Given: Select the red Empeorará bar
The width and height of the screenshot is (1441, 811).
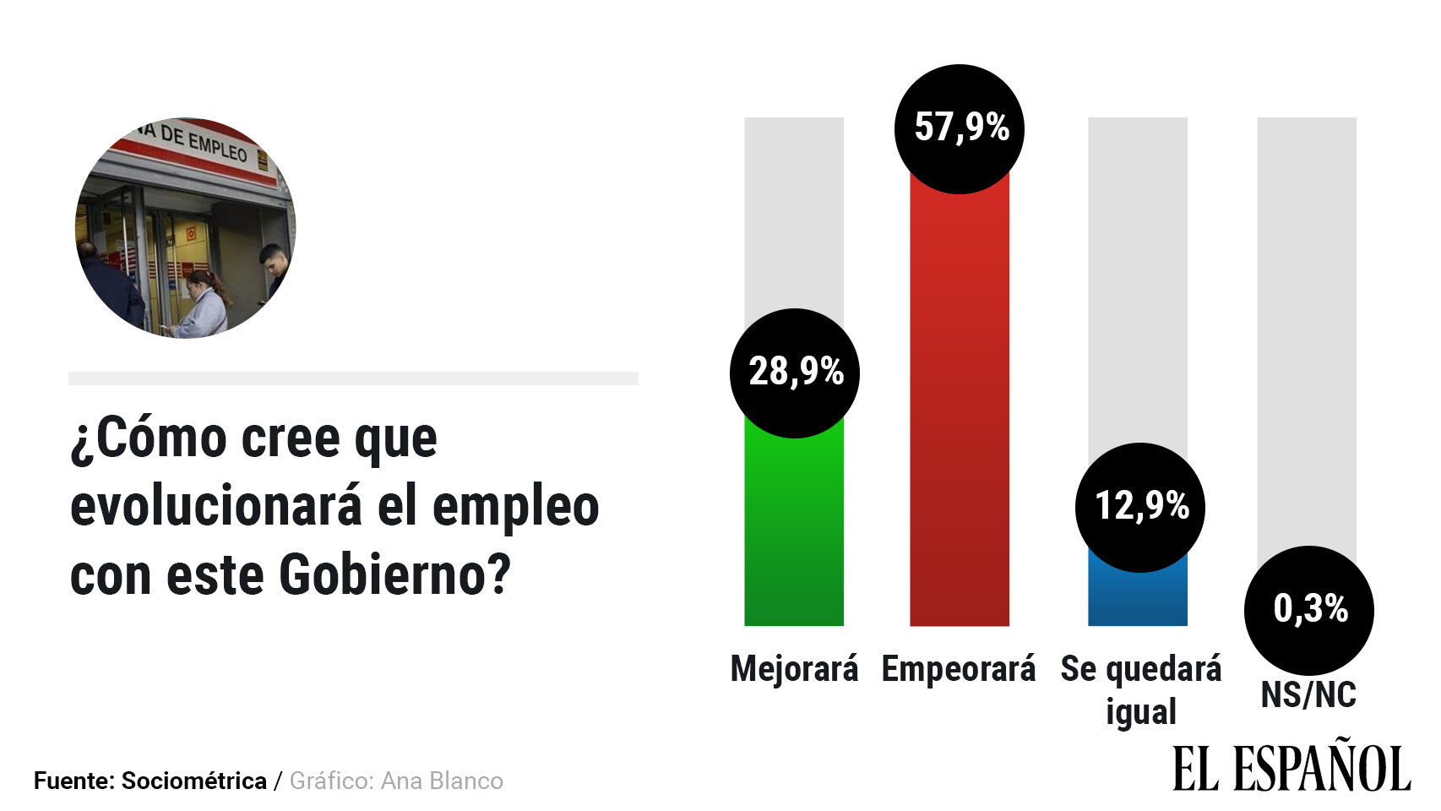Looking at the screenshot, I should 960,405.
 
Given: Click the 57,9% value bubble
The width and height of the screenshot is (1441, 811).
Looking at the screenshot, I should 960,128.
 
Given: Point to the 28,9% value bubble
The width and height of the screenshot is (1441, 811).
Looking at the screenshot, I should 795,373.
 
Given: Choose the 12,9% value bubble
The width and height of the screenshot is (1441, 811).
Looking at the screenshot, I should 1140,507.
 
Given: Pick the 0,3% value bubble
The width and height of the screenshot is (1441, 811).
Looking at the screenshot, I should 1309,609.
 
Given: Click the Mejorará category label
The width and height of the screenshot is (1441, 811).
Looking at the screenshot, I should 794,669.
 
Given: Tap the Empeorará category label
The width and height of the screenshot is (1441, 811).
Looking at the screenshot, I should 959,669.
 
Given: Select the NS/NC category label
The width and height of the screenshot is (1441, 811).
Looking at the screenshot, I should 1308,695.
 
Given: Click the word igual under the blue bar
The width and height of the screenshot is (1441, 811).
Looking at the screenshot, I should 1141,711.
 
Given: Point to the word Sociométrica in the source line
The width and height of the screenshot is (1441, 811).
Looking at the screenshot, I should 194,781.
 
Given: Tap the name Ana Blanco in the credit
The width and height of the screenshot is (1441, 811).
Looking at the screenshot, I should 442,781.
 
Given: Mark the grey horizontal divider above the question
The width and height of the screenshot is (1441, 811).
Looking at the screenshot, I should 353,378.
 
